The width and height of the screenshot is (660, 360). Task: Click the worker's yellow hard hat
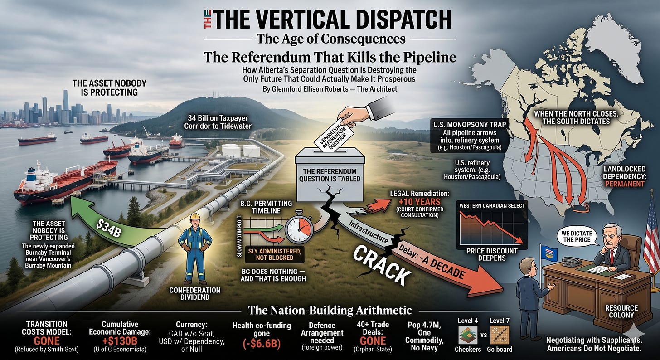(x=195, y=217)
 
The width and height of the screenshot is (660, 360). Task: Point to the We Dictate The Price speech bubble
(x=577, y=236)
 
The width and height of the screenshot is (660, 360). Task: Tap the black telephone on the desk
(x=571, y=261)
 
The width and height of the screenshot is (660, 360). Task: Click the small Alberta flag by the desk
(x=548, y=253)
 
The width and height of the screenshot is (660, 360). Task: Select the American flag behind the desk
(x=650, y=233)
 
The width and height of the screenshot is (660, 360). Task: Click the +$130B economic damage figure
(x=120, y=341)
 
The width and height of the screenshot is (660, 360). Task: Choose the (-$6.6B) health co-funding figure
(x=262, y=344)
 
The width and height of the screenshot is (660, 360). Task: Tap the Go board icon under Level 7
(x=500, y=335)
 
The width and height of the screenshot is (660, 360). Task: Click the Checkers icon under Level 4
(x=468, y=335)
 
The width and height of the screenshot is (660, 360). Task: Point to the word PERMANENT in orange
(x=625, y=184)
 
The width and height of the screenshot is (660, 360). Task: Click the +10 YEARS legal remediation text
(x=420, y=202)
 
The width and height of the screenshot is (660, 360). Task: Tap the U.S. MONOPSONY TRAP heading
(x=470, y=125)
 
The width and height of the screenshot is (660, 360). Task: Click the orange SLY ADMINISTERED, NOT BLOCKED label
(x=274, y=254)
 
